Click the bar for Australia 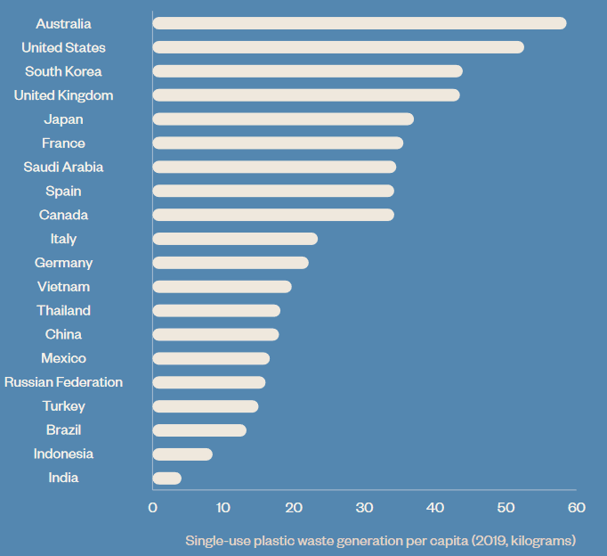pos(360,23)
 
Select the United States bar pos(338,47)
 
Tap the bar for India pos(167,478)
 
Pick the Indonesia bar pos(182,454)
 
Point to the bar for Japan pos(283,119)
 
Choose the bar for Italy pos(235,239)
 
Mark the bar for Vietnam pos(223,287)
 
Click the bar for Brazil pos(199,430)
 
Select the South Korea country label pos(63,71)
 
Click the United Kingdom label pos(63,95)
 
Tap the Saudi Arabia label pos(63,167)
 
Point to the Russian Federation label pos(63,382)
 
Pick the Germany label pos(63,263)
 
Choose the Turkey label pos(63,406)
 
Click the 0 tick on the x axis pos(153,508)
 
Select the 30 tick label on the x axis pos(365,508)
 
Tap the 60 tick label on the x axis pos(577,508)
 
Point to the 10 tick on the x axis pos(223,508)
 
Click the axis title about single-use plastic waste pos(381,540)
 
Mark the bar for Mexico pos(211,358)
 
